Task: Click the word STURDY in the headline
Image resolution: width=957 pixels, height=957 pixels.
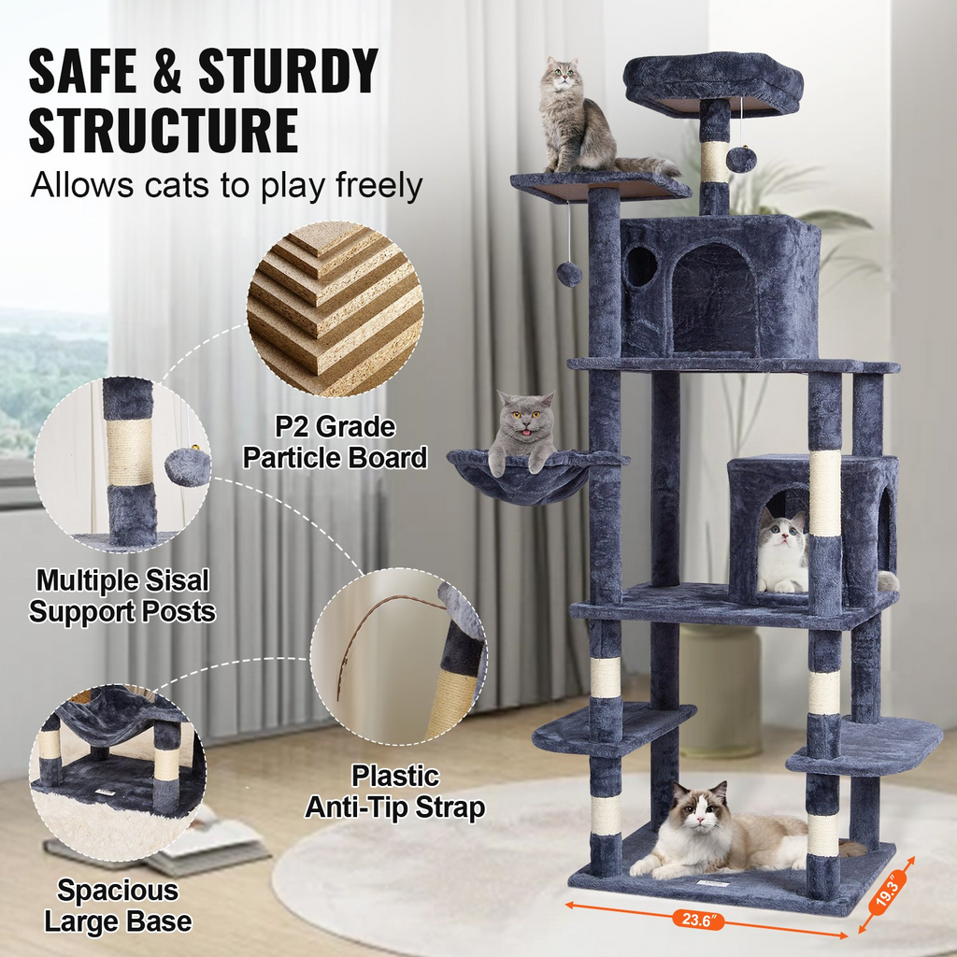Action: (289, 71)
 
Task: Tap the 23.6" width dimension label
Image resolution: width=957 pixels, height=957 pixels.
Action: (696, 920)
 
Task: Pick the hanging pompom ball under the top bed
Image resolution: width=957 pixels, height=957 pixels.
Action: (741, 160)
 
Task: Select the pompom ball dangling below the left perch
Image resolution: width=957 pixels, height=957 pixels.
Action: (569, 274)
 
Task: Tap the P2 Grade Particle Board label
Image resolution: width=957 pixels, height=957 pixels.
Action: (335, 442)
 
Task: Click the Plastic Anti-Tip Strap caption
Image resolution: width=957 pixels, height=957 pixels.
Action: (395, 792)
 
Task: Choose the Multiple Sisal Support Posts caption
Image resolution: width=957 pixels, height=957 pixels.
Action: (122, 595)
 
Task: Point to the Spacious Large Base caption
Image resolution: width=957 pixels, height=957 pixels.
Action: (118, 906)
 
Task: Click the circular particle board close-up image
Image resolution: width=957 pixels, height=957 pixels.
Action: (336, 308)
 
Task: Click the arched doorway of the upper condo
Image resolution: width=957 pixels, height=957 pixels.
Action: (715, 299)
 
